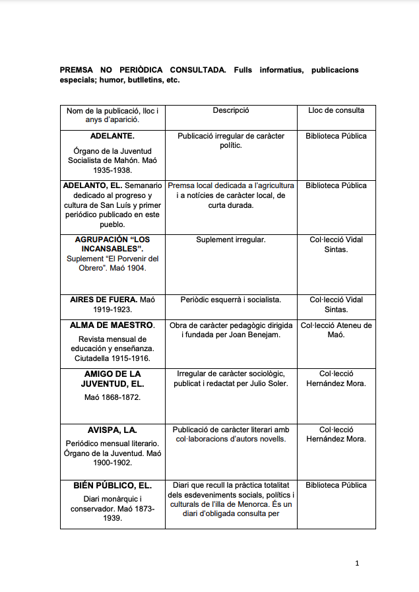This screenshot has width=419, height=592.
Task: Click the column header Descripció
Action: pos(230,110)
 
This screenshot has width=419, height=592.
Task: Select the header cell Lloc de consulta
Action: pos(336,110)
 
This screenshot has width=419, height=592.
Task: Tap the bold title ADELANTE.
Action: pos(112,136)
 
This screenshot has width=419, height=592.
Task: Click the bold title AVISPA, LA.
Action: pos(112,430)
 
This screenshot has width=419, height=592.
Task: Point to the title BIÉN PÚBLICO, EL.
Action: pos(112,485)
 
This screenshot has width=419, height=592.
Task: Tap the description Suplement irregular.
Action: pos(230,240)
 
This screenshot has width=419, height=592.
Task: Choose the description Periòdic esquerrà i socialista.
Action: pos(230,300)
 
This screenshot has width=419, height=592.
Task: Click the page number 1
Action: pos(357,563)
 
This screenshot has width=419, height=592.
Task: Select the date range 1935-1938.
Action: pos(112,170)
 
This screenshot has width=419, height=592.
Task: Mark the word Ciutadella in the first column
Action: pos(90,359)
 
